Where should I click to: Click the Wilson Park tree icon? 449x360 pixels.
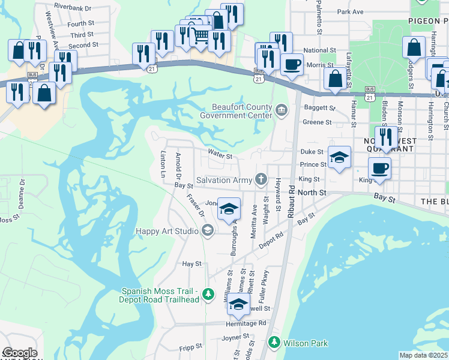pyautogui.click(x=274, y=343)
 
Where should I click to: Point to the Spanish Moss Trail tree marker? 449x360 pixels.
pyautogui.click(x=208, y=294)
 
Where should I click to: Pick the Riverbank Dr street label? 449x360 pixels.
pyautogui.click(x=72, y=8)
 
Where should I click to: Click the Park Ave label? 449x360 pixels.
pyautogui.click(x=351, y=11)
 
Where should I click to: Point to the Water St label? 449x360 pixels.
pyautogui.click(x=220, y=156)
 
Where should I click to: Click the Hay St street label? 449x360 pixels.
pyautogui.click(x=191, y=263)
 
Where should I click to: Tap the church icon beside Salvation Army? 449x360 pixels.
pyautogui.click(x=261, y=179)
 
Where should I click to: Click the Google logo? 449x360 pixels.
pyautogui.click(x=19, y=353)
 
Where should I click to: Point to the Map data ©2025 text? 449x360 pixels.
pyautogui.click(x=423, y=355)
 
